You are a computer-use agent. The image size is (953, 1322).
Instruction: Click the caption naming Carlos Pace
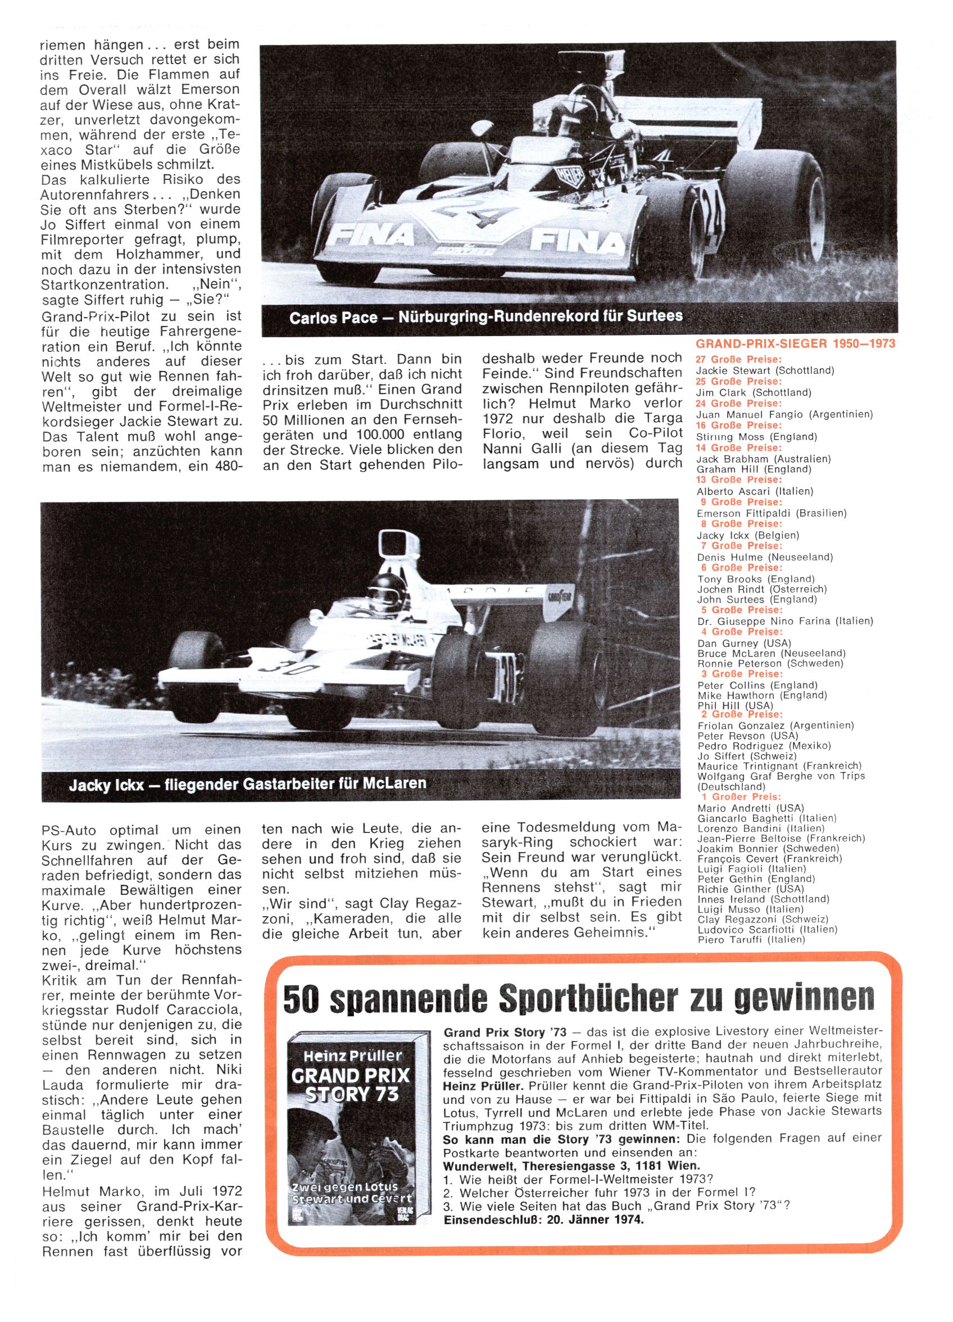point(485,317)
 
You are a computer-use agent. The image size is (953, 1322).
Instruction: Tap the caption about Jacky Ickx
point(247,783)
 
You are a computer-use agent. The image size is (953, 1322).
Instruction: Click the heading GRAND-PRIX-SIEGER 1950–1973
point(796,343)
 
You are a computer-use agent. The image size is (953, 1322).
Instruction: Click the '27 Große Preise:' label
point(738,359)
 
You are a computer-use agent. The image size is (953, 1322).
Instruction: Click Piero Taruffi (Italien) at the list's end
point(751,939)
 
